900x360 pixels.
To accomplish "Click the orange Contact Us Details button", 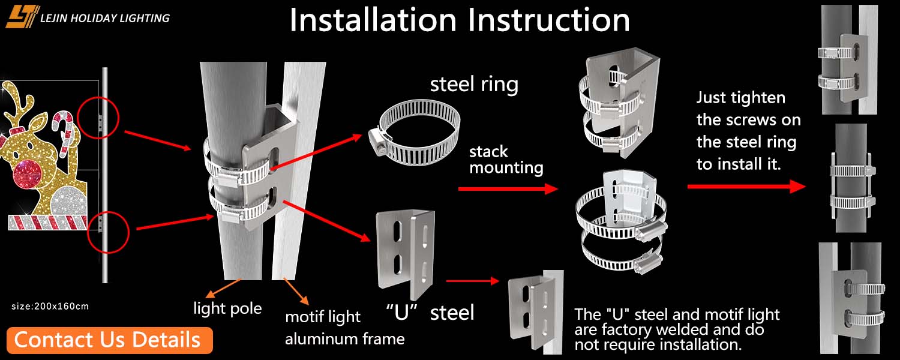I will (x=110, y=340).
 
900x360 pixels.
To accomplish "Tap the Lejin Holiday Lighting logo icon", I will (x=23, y=17).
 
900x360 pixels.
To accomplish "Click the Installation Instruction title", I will (x=459, y=20).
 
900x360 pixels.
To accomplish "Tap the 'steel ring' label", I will (x=474, y=84).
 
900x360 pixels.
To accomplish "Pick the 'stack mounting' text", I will (x=506, y=159).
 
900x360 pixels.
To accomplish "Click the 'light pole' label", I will (x=227, y=308).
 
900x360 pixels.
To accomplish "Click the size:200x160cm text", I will (x=50, y=307).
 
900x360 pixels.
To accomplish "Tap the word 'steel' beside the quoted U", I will (x=452, y=312).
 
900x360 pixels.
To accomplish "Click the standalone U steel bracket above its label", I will (x=405, y=246).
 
